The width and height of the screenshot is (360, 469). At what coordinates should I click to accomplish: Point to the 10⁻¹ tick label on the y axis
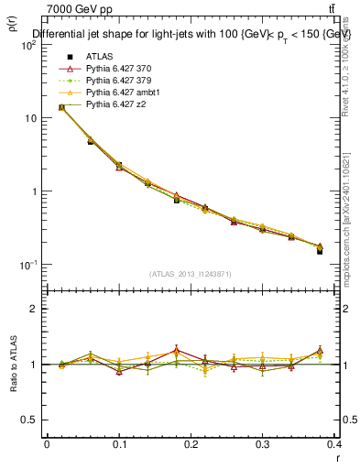pyautogui.click(x=27, y=265)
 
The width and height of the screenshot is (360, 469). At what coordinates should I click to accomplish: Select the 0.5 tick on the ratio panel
pyautogui.click(x=29, y=420)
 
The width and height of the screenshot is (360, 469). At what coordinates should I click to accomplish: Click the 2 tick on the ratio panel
pyautogui.click(x=33, y=309)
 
